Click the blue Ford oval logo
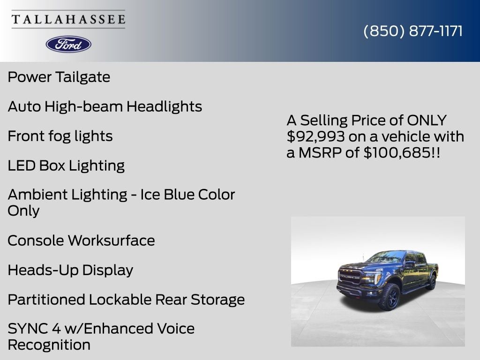(x=68, y=44)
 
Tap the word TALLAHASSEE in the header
(x=68, y=19)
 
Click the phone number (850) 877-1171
(x=413, y=31)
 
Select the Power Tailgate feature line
(x=59, y=77)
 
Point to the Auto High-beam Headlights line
(x=105, y=106)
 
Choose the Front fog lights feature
(x=60, y=136)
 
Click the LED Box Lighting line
(x=66, y=165)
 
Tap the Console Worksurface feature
(x=81, y=240)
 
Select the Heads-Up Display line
(x=70, y=270)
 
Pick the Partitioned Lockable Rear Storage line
(x=126, y=300)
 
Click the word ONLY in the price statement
(x=427, y=120)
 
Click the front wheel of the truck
(x=390, y=296)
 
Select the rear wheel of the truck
(x=431, y=282)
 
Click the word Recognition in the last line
(x=49, y=345)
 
